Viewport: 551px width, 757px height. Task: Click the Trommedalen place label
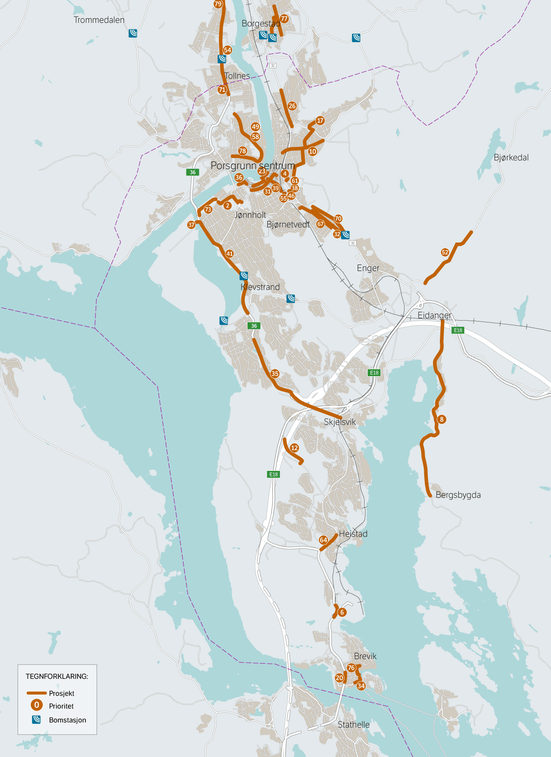99,20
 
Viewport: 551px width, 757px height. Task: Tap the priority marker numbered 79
218,4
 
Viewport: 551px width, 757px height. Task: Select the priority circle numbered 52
445,252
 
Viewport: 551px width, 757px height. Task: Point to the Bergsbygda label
458,495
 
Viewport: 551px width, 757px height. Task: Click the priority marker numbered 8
442,419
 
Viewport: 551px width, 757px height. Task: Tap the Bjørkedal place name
511,158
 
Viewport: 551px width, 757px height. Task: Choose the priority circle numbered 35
275,373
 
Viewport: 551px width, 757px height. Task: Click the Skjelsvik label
340,422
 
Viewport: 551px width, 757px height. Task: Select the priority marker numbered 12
294,448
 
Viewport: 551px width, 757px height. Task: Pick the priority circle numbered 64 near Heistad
323,540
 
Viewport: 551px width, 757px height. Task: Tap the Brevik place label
365,656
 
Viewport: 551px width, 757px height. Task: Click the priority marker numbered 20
339,678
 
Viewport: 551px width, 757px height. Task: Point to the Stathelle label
354,724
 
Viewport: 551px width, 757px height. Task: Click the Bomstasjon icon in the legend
36,720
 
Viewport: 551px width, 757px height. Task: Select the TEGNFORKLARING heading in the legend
57,676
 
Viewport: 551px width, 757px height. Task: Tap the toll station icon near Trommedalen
133,33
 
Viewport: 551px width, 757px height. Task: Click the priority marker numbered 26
292,106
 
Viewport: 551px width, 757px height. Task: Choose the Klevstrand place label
260,287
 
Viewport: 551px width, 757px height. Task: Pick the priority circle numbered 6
342,612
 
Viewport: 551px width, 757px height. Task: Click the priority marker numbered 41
230,254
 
